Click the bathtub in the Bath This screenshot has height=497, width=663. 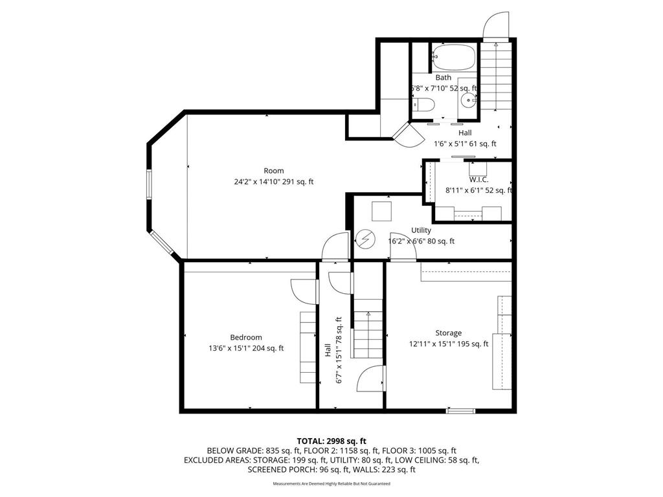[455, 57]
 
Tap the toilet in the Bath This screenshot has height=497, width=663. [423, 106]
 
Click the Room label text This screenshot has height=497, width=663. [273, 171]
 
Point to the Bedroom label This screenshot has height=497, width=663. [246, 337]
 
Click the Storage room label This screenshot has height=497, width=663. [448, 333]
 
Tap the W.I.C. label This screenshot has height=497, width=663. [479, 179]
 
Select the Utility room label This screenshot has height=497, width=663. [421, 230]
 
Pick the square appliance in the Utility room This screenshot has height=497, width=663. [381, 212]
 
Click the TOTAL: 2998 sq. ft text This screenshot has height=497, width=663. [331, 441]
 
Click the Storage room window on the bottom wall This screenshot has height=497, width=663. [460, 410]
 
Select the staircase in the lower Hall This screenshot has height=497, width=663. [368, 334]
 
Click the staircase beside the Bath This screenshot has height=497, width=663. [497, 78]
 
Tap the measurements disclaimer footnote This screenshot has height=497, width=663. [331, 483]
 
